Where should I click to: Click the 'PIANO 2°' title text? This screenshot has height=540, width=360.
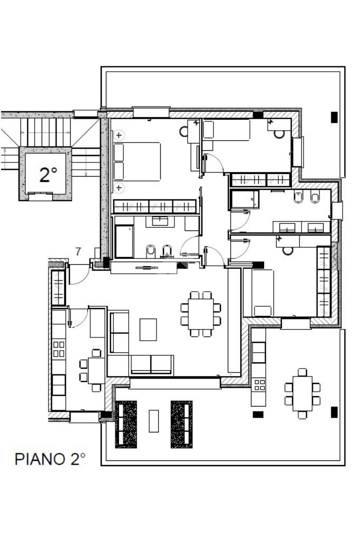pos(50,459)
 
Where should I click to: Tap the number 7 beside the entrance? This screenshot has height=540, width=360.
pos(78,252)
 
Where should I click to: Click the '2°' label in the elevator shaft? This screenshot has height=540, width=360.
pos(48,175)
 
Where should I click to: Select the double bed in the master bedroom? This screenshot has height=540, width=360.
pos(137,161)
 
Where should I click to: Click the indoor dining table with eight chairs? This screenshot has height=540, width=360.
pos(201,314)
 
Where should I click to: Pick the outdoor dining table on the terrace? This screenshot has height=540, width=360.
pos(302,393)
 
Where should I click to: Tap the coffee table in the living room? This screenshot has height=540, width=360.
pos(148,330)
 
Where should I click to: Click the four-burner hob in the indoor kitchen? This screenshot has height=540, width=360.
pos(59,349)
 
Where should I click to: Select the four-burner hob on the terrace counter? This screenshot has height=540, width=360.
pos(259,385)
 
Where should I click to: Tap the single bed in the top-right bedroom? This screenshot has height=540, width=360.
pos(226,130)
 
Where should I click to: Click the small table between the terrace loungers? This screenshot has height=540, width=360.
pos(154,421)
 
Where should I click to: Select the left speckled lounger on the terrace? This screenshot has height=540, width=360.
pos(125,425)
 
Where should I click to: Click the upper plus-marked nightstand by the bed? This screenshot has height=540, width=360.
pos(119,135)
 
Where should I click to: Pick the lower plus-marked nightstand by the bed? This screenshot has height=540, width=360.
pos(119,188)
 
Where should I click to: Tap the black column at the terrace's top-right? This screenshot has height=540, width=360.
pos(334,117)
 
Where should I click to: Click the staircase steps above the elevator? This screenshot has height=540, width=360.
pos(45,132)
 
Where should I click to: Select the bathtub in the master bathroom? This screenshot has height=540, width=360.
pos(124,242)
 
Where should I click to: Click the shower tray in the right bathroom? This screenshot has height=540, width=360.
pos(245,199)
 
